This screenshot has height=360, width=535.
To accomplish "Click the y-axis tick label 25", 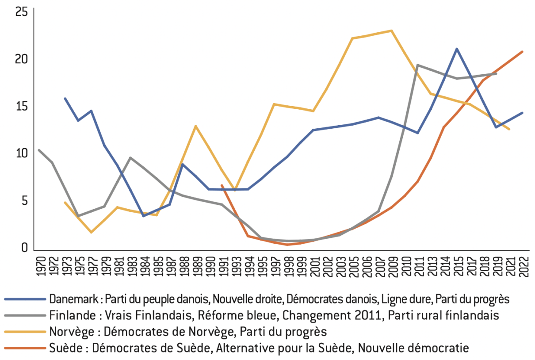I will click(x=21, y=12).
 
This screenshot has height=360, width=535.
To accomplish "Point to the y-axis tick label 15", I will click(x=21, y=107).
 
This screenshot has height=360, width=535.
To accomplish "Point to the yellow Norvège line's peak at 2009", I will click(x=391, y=31).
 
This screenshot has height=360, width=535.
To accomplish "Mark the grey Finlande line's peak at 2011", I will click(x=417, y=65).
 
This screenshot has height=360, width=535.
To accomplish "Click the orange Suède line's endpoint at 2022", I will click(x=523, y=52).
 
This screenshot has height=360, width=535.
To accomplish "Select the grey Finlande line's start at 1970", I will click(x=39, y=150).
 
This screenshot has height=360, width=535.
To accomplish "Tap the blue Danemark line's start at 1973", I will click(x=65, y=98).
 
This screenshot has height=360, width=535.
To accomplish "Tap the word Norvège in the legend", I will click(x=67, y=332).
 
